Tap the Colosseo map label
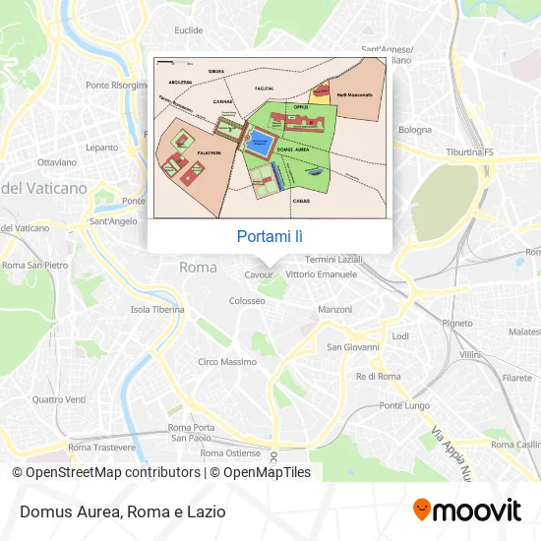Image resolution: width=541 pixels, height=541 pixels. point(248,301)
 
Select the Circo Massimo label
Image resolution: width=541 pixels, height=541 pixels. point(227,362)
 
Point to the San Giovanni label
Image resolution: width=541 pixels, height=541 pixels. point(353,346)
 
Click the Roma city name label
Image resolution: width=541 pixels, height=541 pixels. point(198,267)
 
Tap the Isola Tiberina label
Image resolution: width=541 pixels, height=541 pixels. point(157,309)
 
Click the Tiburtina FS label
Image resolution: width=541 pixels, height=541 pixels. point(469,152)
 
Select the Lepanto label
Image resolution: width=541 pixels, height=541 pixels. point(101,148)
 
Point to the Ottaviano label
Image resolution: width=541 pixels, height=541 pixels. point(56,161)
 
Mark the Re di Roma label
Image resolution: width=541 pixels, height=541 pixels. point(379,376)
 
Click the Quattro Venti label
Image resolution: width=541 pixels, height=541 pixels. point(59,399)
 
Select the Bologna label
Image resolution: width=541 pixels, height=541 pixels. point(414,129)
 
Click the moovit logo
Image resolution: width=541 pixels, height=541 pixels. point(466,511)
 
